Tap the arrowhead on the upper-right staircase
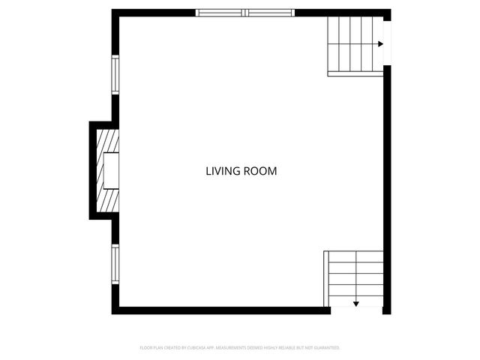click(380, 44)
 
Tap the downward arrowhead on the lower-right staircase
click(356, 304)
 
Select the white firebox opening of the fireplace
click(112, 170)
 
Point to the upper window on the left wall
click(115, 74)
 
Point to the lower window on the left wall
click(115, 265)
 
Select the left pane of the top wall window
click(220, 13)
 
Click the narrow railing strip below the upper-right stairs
click(355, 73)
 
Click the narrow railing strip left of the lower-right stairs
click(325, 278)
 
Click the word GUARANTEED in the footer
click(325, 348)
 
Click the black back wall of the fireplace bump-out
click(93, 170)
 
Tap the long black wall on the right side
click(388, 187)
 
